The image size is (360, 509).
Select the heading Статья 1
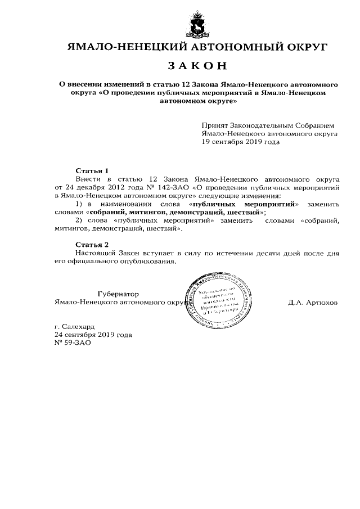pos(92,170)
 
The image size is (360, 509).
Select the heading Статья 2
pos(92,245)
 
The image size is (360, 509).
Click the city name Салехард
pos(78,326)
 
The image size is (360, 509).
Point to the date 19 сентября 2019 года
pos(240,142)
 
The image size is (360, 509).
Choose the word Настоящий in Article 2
pos(94,254)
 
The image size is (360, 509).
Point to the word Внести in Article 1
pos(88,178)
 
